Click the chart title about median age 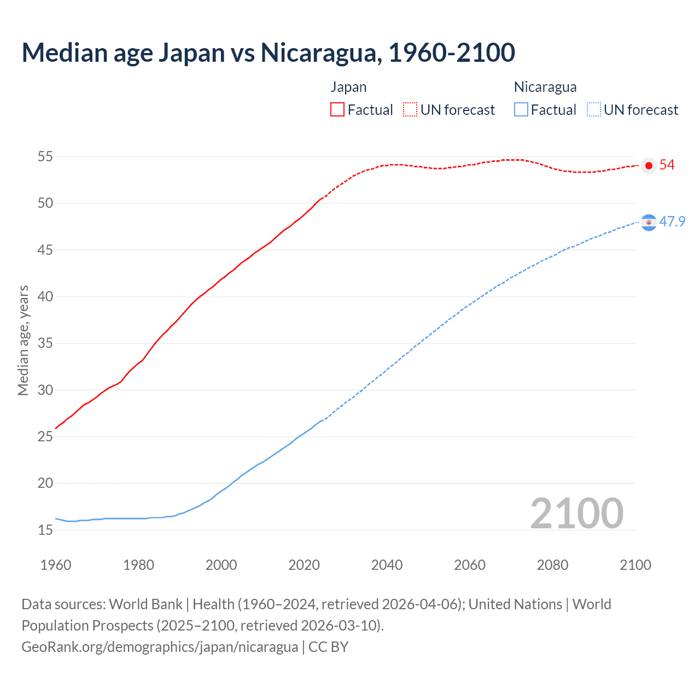point(268,52)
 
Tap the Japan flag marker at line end point(649,165)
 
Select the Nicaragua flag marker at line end point(649,222)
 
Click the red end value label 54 point(667,165)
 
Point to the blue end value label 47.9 point(672,221)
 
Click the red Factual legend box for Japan point(337,110)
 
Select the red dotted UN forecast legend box point(410,110)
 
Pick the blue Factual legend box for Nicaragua point(521,110)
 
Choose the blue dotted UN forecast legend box point(594,110)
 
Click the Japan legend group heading point(348,87)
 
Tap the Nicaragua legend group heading point(545,87)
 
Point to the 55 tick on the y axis point(45,157)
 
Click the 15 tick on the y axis point(45,530)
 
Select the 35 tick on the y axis point(45,343)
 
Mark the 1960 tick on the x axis point(56,565)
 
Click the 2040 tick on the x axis point(387,565)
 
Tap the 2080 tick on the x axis point(552,565)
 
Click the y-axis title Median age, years point(23,340)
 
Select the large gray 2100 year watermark point(576,513)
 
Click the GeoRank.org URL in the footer point(160,647)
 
